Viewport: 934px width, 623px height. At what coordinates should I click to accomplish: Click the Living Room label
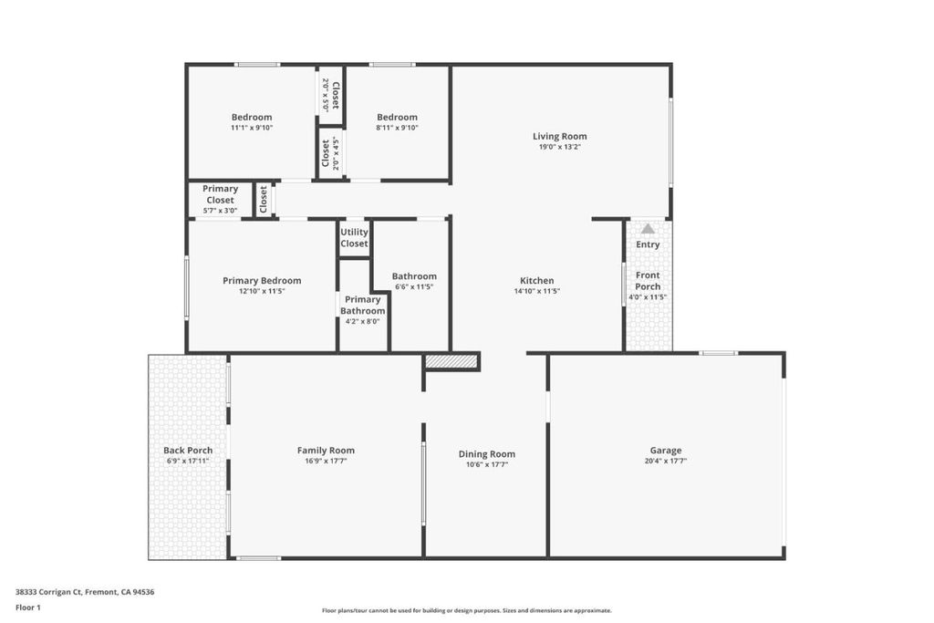pos(559,137)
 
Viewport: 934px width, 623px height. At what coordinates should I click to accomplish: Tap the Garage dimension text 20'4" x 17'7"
pos(665,461)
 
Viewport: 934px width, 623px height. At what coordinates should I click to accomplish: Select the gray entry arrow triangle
pos(649,229)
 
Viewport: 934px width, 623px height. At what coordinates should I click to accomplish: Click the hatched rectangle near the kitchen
pos(451,361)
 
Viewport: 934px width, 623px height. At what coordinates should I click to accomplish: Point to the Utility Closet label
pos(354,238)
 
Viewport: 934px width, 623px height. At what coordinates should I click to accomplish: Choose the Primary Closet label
pos(220,194)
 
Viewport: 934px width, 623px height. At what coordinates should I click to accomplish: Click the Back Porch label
pos(188,451)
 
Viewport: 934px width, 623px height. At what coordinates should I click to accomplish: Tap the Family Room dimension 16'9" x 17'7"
pos(326,461)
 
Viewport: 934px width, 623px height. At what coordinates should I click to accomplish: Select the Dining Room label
pos(487,454)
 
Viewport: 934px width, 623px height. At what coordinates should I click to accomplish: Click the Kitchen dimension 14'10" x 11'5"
pos(536,291)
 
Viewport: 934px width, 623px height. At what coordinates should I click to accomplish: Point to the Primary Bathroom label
pos(362,305)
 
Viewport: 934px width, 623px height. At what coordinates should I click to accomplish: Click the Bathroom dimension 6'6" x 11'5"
pos(414,286)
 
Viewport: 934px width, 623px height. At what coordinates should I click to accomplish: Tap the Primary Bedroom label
pos(262,281)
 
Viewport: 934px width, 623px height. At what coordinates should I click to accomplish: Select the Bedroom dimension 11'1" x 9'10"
pos(252,128)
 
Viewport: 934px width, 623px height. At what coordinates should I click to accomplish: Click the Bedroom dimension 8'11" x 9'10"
pos(398,128)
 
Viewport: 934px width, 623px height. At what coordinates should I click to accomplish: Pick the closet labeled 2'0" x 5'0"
pos(330,95)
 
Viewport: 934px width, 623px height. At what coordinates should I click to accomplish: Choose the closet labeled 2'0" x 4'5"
pos(330,153)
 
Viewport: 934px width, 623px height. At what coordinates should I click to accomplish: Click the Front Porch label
pos(648,281)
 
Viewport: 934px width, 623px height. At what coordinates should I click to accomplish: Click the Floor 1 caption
pos(28,607)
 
